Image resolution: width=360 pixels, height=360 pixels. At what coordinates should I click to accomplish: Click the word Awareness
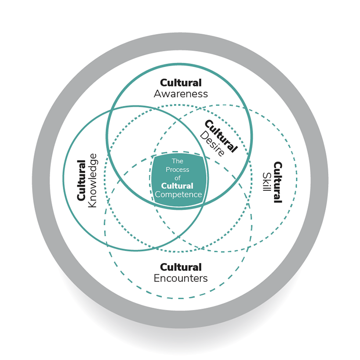pyautogui.click(x=180, y=94)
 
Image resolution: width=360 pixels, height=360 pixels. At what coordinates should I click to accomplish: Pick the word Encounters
pyautogui.click(x=180, y=278)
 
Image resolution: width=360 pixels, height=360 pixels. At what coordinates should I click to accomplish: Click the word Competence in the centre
pyautogui.click(x=178, y=195)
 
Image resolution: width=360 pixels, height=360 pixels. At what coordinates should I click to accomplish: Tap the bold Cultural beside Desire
pyautogui.click(x=222, y=136)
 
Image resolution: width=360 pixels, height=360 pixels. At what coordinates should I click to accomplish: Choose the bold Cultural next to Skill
pyautogui.click(x=278, y=183)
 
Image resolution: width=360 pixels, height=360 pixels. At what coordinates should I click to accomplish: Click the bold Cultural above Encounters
pyautogui.click(x=180, y=267)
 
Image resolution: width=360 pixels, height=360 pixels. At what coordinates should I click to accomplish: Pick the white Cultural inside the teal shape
pyautogui.click(x=177, y=186)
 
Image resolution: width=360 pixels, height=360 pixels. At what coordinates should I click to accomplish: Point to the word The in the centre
pyautogui.click(x=177, y=162)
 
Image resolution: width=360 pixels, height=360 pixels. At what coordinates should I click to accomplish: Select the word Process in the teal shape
pyautogui.click(x=177, y=170)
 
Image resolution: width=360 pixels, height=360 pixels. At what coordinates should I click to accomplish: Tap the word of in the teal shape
pyautogui.click(x=177, y=178)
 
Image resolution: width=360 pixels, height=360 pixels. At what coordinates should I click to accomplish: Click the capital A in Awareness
pyautogui.click(x=157, y=94)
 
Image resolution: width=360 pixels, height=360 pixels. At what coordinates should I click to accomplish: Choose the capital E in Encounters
pyautogui.click(x=156, y=278)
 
